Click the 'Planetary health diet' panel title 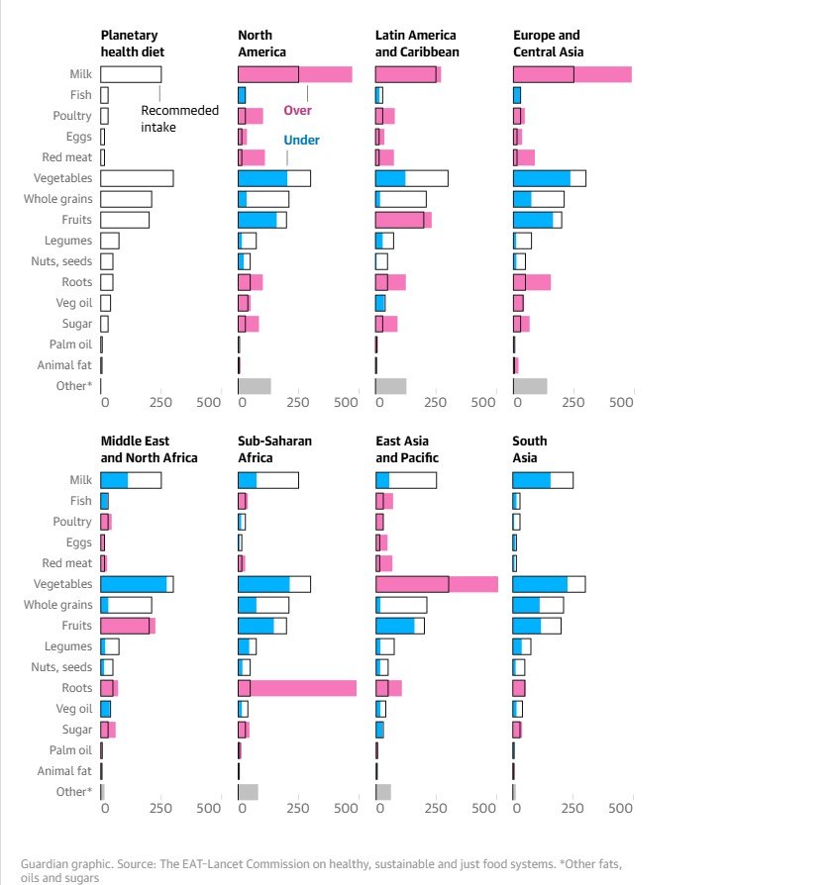[132, 44]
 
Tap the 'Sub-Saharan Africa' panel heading [260, 449]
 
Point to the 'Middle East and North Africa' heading [149, 449]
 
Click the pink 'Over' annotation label [297, 111]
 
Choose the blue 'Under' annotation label [301, 141]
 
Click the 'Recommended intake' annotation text [179, 119]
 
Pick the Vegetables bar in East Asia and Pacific [436, 584]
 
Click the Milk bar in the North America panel [294, 74]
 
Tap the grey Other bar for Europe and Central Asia [530, 386]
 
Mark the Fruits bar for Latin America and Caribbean [403, 220]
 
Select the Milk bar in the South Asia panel [542, 480]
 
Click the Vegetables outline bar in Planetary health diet [137, 178]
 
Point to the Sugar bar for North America [248, 324]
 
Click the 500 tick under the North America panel [346, 403]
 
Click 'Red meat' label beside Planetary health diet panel [70, 157]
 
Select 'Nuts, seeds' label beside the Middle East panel [63, 667]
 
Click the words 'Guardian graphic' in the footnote [60, 863]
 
